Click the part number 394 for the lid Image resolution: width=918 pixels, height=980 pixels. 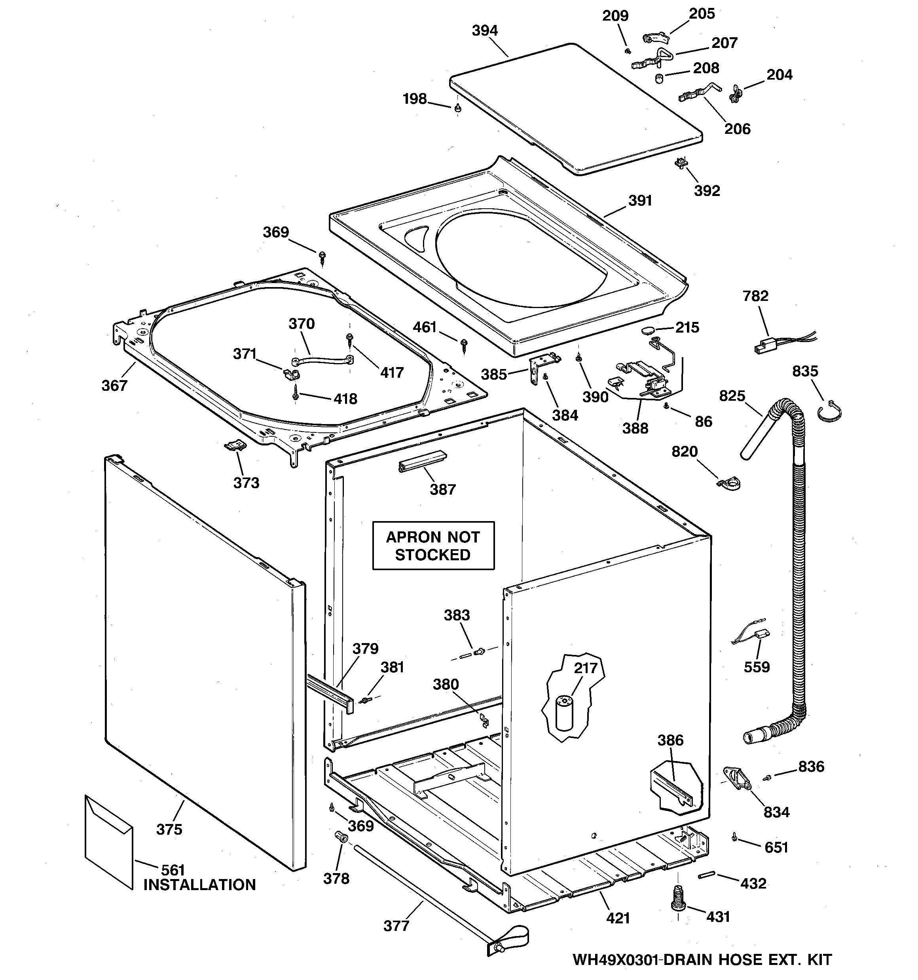485,31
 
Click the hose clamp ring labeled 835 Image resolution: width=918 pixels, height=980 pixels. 830,412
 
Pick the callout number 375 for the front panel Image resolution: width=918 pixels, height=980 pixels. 169,830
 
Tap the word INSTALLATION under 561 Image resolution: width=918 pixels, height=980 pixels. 199,885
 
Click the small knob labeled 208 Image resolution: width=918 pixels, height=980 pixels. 658,78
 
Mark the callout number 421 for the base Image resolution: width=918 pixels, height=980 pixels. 618,918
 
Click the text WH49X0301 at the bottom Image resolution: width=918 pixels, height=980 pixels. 616,959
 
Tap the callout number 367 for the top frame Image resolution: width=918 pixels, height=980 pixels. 114,386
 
